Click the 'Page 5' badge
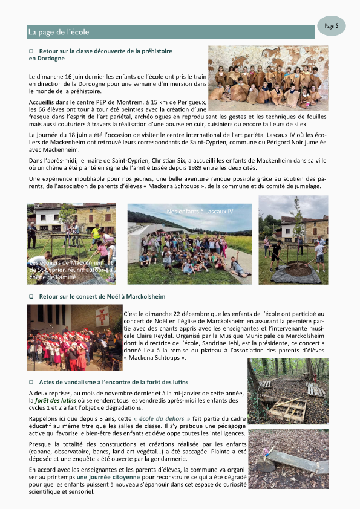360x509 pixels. click(x=331, y=26)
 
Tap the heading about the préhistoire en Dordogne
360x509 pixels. click(x=100, y=55)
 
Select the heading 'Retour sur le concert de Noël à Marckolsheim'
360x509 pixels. click(x=102, y=297)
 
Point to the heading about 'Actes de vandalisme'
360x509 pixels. click(x=113, y=382)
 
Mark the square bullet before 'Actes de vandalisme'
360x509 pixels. click(x=31, y=383)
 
